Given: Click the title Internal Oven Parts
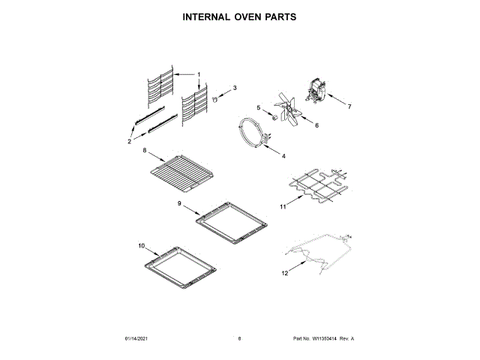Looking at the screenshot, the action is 239,16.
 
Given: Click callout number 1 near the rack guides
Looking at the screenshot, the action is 199,74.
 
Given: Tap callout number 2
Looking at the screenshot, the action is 130,140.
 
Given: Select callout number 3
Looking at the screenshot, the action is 234,88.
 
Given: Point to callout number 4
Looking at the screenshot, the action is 283,155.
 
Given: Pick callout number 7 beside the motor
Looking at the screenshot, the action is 349,107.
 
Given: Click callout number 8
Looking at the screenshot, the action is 145,151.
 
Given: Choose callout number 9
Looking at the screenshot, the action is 180,202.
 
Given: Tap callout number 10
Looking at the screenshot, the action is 141,245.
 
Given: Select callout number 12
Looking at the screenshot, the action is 284,273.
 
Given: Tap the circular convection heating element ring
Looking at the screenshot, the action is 251,133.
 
